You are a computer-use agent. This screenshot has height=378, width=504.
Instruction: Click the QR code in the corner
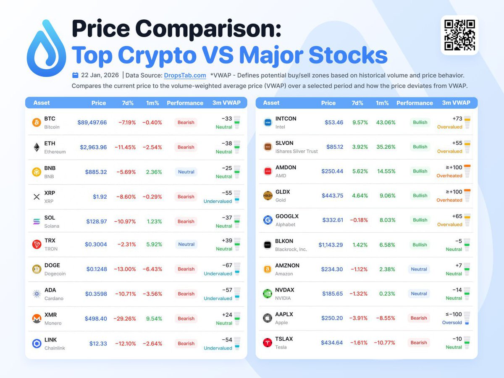(459, 35)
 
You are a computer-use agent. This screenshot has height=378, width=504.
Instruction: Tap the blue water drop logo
(46, 49)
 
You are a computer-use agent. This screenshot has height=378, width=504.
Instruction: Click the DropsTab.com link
(185, 76)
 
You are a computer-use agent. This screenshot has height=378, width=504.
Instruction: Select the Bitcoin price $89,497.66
(92, 123)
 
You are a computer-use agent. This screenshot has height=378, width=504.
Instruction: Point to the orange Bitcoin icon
(37, 123)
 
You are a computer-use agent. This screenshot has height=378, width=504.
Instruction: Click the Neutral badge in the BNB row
(186, 172)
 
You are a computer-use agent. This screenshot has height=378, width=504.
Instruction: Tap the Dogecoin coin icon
(37, 269)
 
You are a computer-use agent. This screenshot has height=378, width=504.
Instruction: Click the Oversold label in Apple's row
(452, 323)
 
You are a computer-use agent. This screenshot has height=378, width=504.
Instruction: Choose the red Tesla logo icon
(267, 343)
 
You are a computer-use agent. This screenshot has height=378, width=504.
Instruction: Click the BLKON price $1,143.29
(331, 245)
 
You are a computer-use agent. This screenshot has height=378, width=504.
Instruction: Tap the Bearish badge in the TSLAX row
(419, 343)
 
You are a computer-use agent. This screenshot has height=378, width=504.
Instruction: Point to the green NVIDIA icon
(267, 294)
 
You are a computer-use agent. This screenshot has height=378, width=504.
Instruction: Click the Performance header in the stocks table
(415, 103)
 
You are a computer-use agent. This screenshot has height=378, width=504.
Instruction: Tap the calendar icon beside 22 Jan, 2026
(75, 76)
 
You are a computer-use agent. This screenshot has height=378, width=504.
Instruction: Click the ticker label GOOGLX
(287, 216)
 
